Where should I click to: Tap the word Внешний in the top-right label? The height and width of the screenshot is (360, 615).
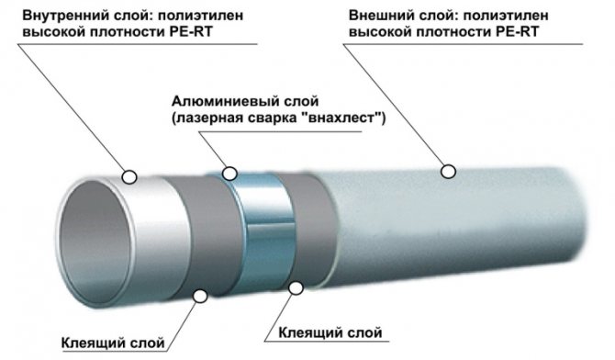(x=380, y=16)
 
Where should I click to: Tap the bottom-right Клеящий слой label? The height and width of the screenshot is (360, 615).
(x=327, y=332)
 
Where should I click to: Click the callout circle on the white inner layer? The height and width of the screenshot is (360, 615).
(x=129, y=174)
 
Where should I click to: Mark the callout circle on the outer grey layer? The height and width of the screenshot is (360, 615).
(x=448, y=170)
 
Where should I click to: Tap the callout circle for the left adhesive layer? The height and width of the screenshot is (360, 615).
(x=199, y=295)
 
